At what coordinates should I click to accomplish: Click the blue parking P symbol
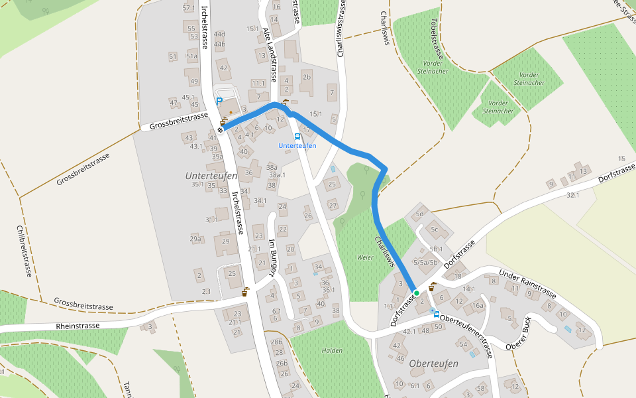click(219, 101)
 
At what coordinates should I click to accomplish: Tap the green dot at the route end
click(416, 293)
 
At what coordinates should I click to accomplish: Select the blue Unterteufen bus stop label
click(297, 145)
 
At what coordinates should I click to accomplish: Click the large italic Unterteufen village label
click(211, 174)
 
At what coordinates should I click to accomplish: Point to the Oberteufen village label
click(434, 364)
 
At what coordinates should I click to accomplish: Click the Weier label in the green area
click(365, 257)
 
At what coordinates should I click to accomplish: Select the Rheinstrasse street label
click(78, 326)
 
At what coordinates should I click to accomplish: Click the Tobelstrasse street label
click(436, 40)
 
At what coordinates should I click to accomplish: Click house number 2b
click(306, 77)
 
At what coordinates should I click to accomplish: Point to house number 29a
click(195, 239)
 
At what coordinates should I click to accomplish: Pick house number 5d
click(419, 214)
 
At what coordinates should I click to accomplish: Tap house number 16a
click(478, 306)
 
